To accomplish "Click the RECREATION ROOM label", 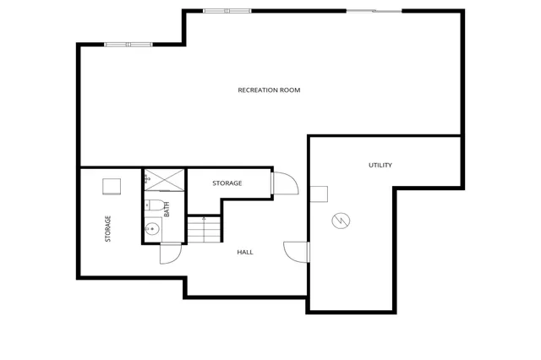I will pyautogui.click(x=269, y=90).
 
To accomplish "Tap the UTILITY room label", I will pyautogui.click(x=380, y=165).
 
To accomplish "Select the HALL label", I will pyautogui.click(x=245, y=252).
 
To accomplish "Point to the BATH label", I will pyautogui.click(x=167, y=208).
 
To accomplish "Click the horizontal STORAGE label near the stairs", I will pyautogui.click(x=227, y=183).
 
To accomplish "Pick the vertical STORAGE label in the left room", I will pyautogui.click(x=108, y=228).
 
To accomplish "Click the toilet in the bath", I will pyautogui.click(x=152, y=206).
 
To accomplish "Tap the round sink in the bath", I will pyautogui.click(x=152, y=229).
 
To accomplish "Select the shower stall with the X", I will pyautogui.click(x=164, y=179).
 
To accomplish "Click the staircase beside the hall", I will pyautogui.click(x=204, y=229).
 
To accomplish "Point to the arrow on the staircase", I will pyautogui.click(x=204, y=221).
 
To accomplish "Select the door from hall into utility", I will pyautogui.click(x=297, y=252).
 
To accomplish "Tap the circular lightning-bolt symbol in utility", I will pyautogui.click(x=342, y=221).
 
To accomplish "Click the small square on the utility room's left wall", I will pyautogui.click(x=319, y=194).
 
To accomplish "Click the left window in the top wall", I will pyautogui.click(x=128, y=44).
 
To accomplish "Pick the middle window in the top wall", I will pyautogui.click(x=227, y=10).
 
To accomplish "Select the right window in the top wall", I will pyautogui.click(x=373, y=10).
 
